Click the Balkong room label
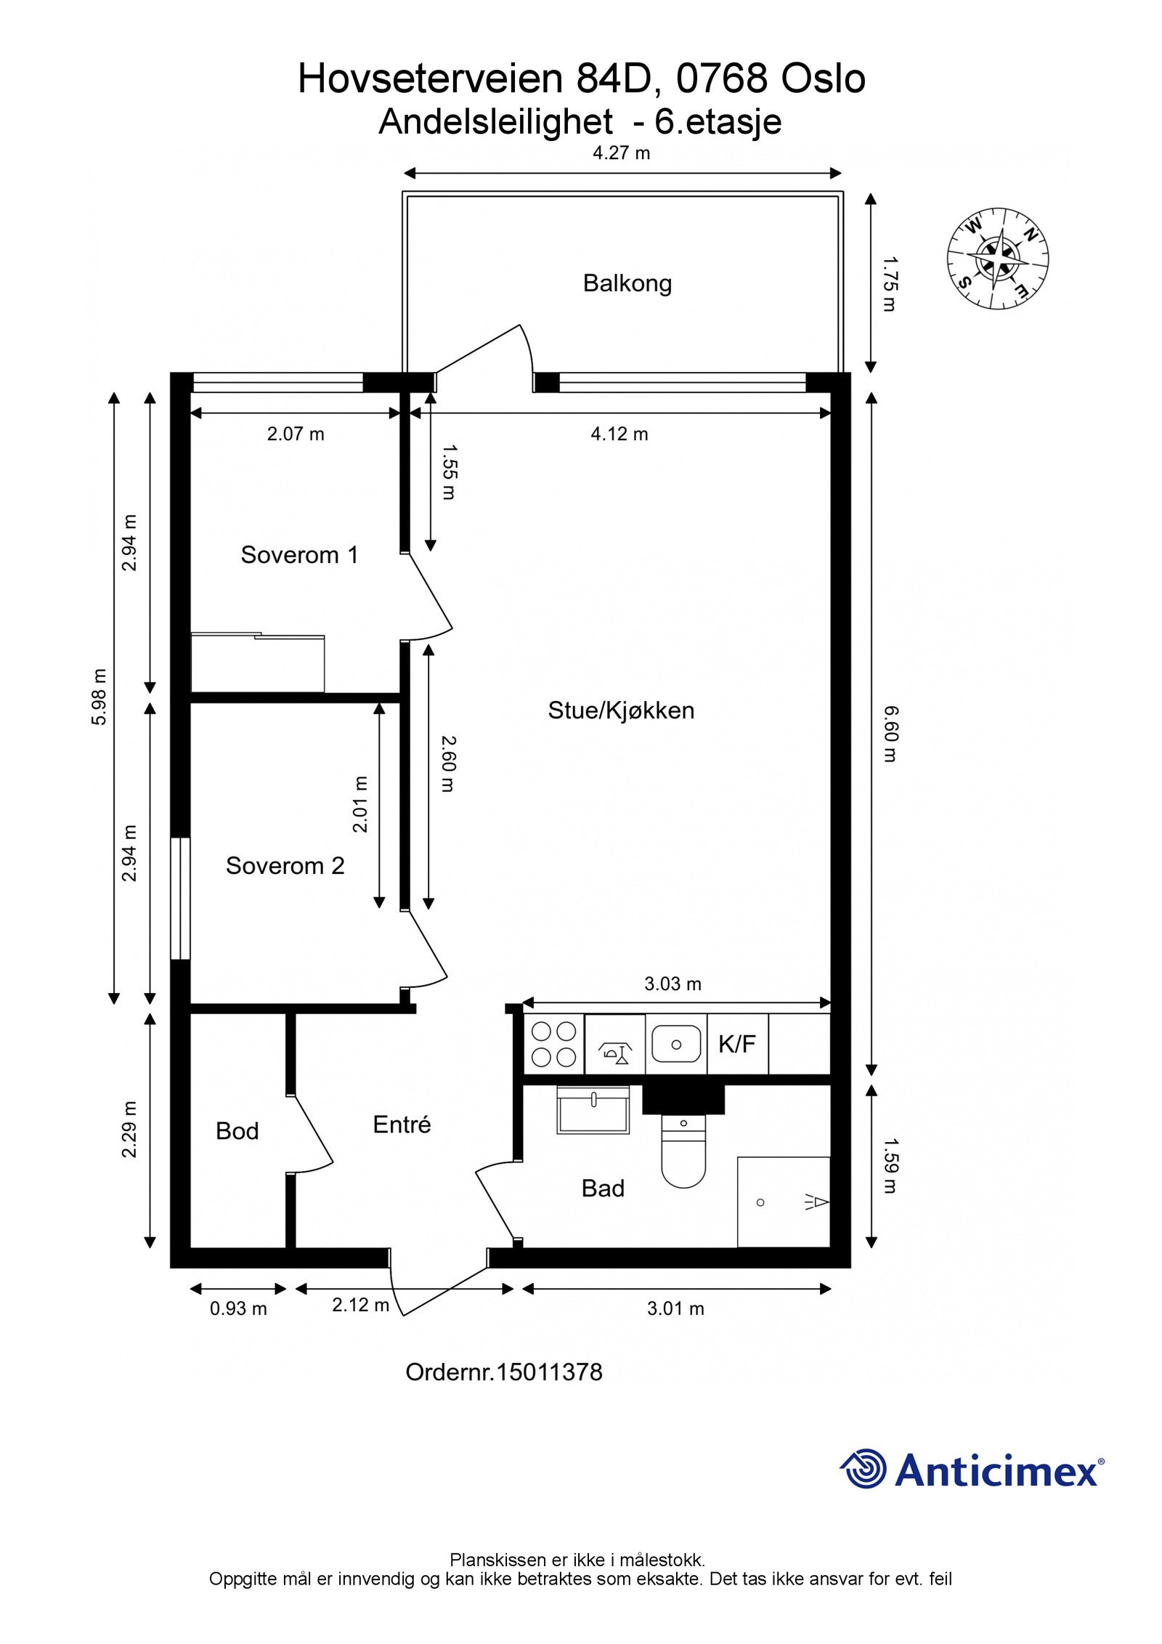[x=627, y=283]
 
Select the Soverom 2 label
[x=285, y=865]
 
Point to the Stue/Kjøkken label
[x=621, y=710]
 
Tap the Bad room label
[x=603, y=1188]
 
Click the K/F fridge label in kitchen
[x=737, y=1044]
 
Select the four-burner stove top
[x=554, y=1045]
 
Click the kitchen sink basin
[x=676, y=1044]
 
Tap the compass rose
[x=998, y=259]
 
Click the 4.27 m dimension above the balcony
[x=622, y=153]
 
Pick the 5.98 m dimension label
[x=99, y=696]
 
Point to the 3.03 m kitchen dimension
[x=673, y=984]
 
